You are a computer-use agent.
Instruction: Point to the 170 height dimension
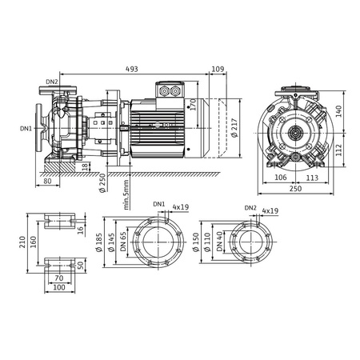point(192,104)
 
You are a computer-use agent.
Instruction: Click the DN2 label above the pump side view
point(51,81)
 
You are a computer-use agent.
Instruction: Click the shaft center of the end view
point(296,132)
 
